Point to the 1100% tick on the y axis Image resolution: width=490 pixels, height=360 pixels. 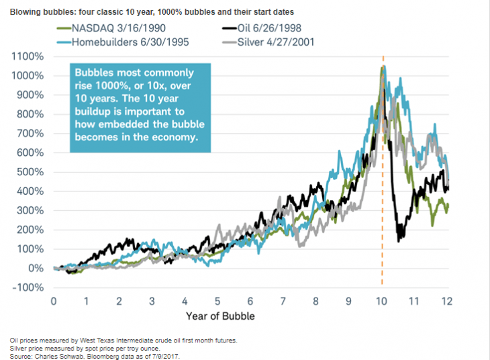point(26,58)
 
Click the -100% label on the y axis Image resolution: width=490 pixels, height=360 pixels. point(26,287)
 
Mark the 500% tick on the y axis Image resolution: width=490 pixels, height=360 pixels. point(29,172)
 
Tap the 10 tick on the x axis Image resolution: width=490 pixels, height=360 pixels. point(382,301)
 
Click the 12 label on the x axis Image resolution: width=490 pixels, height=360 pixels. point(448,301)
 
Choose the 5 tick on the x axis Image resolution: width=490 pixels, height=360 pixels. point(217,301)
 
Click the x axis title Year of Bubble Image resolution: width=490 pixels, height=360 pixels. point(217,315)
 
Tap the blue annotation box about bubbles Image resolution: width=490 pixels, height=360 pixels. point(141,107)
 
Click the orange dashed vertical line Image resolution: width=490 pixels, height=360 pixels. point(383,201)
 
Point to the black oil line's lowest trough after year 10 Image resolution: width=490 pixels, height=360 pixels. point(400,240)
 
